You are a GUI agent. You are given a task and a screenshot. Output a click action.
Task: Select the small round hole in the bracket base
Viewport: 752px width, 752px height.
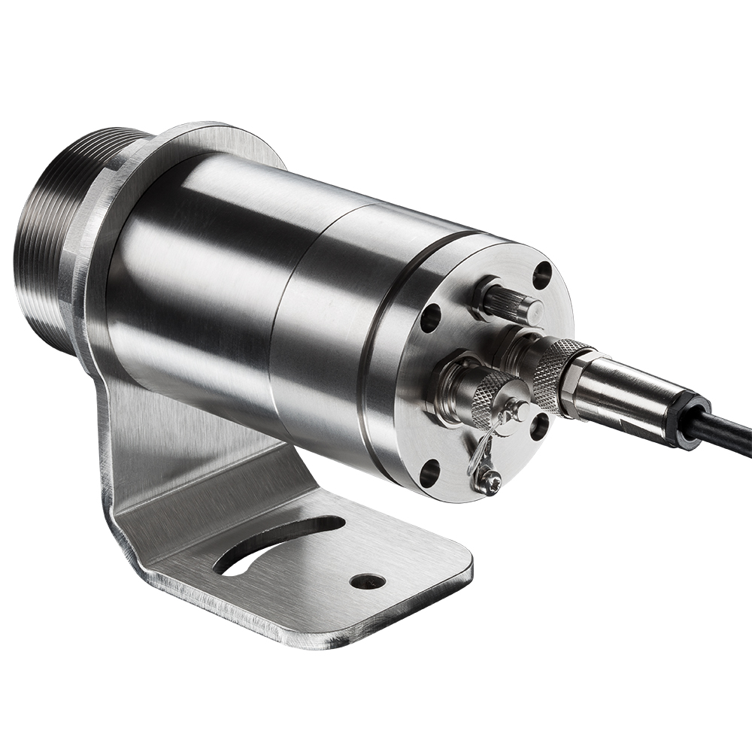pyautogui.click(x=368, y=581)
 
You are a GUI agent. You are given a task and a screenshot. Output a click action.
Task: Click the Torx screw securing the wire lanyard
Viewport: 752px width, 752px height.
pyautogui.click(x=490, y=479)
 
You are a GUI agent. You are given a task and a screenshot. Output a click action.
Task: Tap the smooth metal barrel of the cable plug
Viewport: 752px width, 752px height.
pyautogui.click(x=632, y=399)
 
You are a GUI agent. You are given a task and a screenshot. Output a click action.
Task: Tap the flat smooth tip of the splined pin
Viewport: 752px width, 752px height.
pyautogui.click(x=532, y=308)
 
